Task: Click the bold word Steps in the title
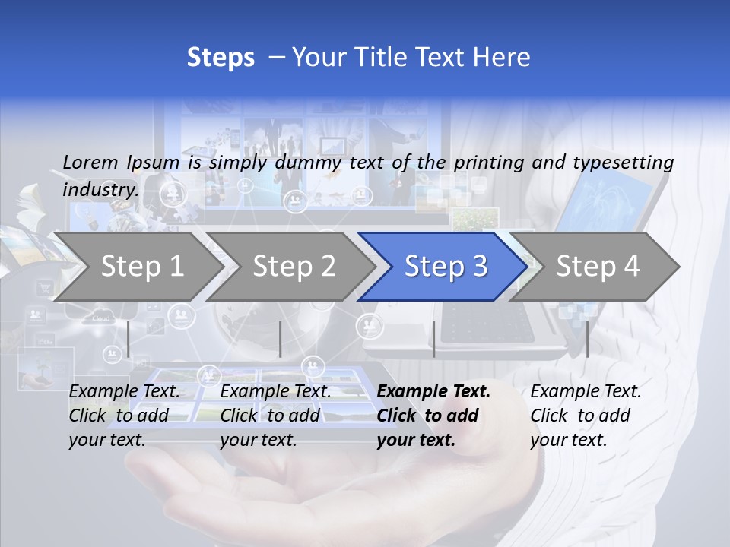pos(221,58)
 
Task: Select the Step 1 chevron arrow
pos(141,267)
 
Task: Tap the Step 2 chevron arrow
pos(294,267)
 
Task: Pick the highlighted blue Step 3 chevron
pos(445,267)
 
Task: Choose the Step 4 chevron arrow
pos(597,267)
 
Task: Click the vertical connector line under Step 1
pos(129,339)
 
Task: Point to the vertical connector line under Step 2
pos(281,339)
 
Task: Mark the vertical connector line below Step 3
pos(433,339)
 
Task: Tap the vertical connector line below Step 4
pos(587,339)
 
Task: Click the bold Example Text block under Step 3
pos(433,416)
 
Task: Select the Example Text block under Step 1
pos(124,416)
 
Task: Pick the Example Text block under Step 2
pos(275,416)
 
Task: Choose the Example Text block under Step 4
pos(586,416)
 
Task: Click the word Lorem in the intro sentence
pos(90,162)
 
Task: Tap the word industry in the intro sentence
pos(100,189)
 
